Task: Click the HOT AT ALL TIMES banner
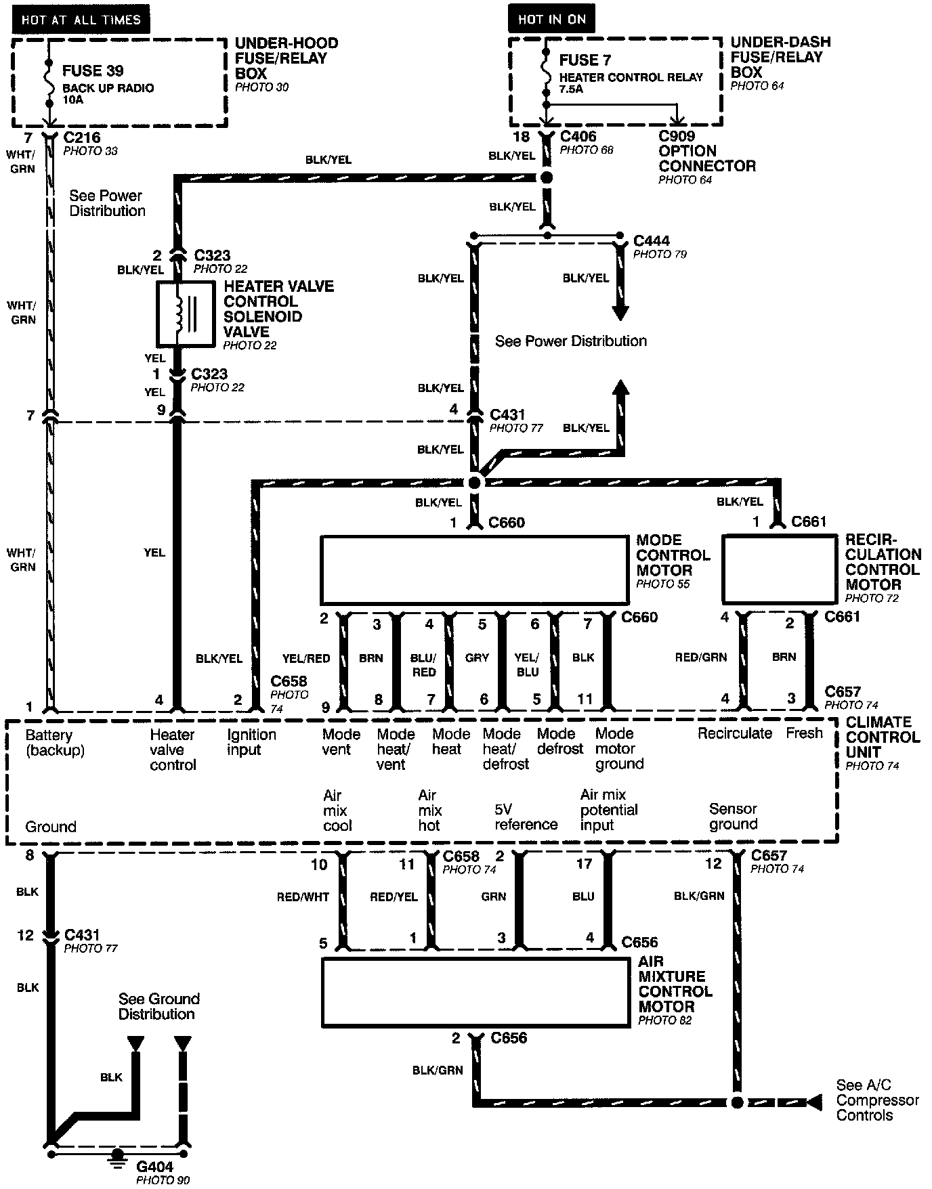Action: (x=81, y=19)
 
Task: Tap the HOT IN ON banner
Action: (x=551, y=19)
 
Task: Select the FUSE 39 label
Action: (x=93, y=70)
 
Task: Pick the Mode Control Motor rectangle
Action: (x=474, y=570)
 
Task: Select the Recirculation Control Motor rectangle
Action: (x=780, y=569)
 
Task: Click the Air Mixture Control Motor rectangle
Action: (x=475, y=991)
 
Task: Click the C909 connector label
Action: (x=677, y=135)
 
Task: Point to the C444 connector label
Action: (x=651, y=241)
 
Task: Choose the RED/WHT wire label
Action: (x=303, y=896)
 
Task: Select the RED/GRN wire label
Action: (x=700, y=657)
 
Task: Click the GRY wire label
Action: (x=477, y=657)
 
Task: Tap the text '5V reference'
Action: (x=526, y=817)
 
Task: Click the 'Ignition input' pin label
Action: (x=251, y=742)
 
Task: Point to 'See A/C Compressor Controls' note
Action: (x=877, y=1100)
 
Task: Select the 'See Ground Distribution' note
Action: (x=158, y=1006)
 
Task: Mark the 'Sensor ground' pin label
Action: (x=733, y=816)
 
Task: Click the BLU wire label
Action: (x=582, y=896)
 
